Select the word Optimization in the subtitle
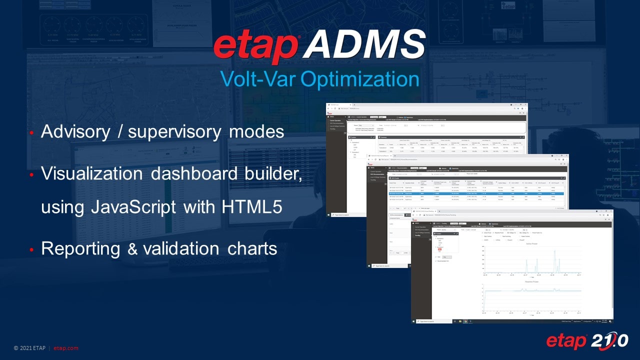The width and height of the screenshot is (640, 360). point(361,79)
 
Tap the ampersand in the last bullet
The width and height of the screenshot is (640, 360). point(132,248)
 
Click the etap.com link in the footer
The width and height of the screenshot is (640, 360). point(66,348)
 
